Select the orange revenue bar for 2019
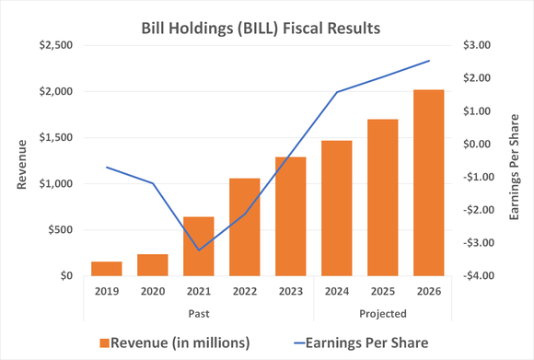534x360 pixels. pyautogui.click(x=106, y=268)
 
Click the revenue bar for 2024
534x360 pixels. pyautogui.click(x=336, y=208)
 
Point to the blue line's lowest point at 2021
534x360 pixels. pyautogui.click(x=198, y=250)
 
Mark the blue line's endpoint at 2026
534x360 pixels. pyautogui.click(x=428, y=61)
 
